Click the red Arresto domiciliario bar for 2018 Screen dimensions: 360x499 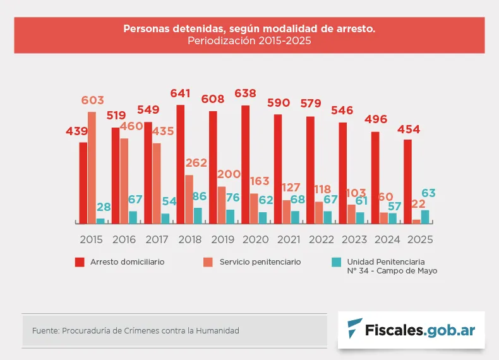(x=181, y=164)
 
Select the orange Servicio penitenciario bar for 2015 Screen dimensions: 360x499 (x=92, y=167)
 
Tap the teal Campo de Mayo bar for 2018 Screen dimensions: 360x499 (x=198, y=215)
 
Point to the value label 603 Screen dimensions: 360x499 (x=92, y=100)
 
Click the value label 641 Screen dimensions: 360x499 (x=180, y=93)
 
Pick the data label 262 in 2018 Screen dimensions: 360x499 (x=196, y=163)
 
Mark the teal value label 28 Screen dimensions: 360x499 (x=104, y=207)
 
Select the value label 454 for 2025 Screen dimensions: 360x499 (x=408, y=129)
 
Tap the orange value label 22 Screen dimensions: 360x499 (x=418, y=203)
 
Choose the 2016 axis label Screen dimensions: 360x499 (x=124, y=240)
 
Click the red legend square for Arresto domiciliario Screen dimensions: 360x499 (x=80, y=262)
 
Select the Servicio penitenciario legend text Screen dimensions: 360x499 (x=260, y=261)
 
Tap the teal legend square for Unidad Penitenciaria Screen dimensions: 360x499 (x=336, y=262)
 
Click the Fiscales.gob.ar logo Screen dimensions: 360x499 (x=411, y=330)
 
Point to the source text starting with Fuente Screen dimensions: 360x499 (x=135, y=330)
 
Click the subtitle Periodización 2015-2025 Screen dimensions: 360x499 (x=249, y=40)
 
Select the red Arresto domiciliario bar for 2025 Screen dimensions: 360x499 (x=408, y=181)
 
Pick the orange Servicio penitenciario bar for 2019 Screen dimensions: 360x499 (x=222, y=205)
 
